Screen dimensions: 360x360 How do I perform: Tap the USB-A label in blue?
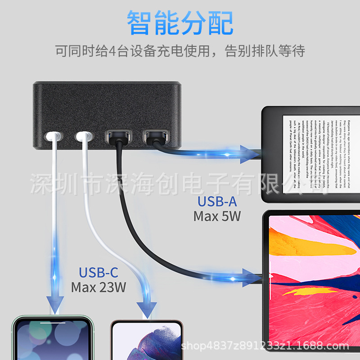pos(217,202)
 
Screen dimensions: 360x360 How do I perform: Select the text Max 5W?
pos(217,216)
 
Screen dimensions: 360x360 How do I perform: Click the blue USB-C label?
pos(98,272)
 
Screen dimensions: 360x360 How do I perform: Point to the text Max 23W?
pos(98,287)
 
